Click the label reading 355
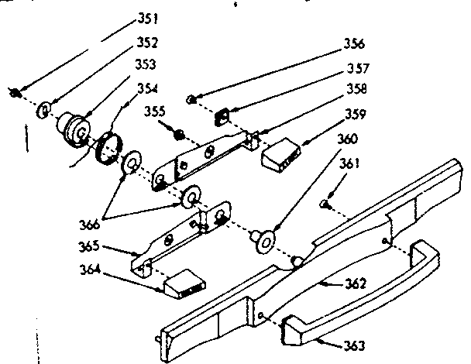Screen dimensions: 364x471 tap(155, 112)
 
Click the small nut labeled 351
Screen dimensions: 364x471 tap(14, 92)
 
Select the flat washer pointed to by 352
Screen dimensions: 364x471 tap(42, 107)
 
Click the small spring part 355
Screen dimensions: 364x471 tap(178, 134)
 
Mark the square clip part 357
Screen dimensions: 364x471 tap(223, 116)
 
